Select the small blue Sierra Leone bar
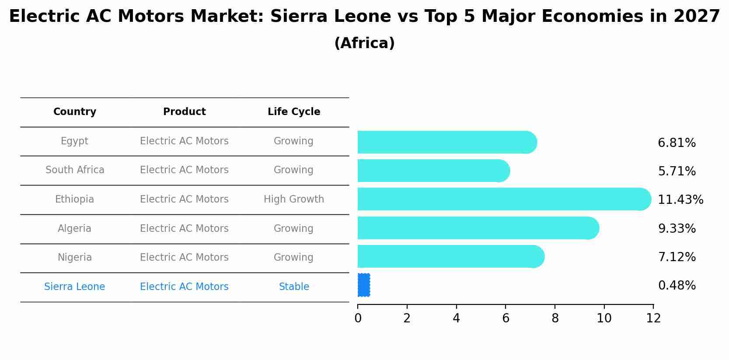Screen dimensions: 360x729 [x=364, y=285]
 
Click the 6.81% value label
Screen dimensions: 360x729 [x=677, y=143]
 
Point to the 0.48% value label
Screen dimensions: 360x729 [x=677, y=285]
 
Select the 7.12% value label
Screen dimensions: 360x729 [x=677, y=257]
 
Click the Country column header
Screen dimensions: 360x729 [x=75, y=112]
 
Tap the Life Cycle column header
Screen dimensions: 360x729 [x=294, y=112]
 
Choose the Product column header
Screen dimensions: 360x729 [x=184, y=112]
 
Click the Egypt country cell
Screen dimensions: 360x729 [x=74, y=141]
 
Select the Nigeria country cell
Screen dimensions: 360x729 [x=75, y=257]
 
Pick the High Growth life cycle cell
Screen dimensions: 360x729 [x=294, y=199]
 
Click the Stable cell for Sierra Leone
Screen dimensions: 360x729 [x=294, y=287]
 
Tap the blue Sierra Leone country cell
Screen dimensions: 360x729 [x=75, y=287]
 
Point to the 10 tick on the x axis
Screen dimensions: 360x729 [x=604, y=318]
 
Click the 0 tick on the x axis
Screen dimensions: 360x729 [x=358, y=318]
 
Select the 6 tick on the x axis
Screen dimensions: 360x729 [x=506, y=318]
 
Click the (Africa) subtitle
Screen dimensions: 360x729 [x=364, y=43]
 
